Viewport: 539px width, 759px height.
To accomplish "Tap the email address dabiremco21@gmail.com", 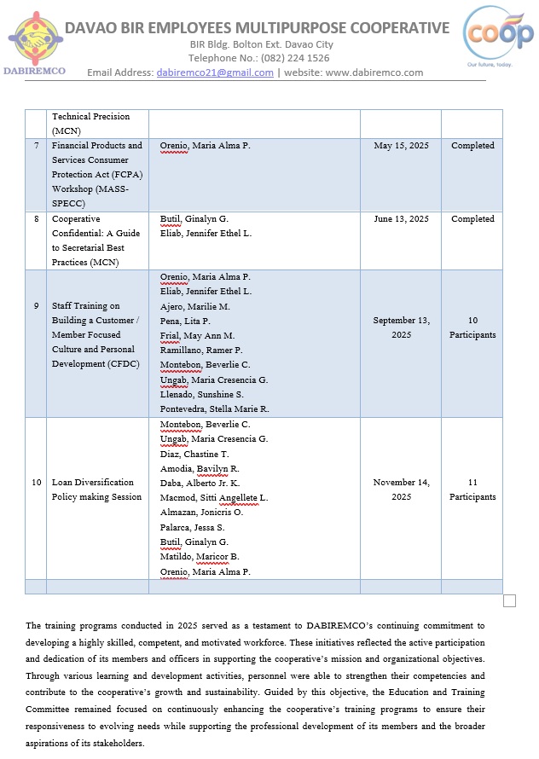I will (215, 72).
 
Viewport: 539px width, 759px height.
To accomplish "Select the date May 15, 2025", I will (401, 146).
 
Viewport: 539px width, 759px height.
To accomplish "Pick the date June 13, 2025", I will (401, 219).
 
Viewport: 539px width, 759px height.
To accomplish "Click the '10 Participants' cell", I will (472, 327).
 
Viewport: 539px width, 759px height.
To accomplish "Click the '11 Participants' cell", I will (472, 490).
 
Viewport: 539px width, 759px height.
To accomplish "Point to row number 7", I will (36, 146).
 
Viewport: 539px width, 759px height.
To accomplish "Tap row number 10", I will (36, 483).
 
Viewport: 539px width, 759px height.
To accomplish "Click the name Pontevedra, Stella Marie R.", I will (214, 409).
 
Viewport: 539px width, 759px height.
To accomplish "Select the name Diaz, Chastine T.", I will (194, 454).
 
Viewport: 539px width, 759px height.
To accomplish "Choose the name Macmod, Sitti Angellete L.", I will (214, 497).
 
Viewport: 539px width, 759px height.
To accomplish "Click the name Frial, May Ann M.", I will (197, 336).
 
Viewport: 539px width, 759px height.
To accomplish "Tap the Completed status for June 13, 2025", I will (472, 219).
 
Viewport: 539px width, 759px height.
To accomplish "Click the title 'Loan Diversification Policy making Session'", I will (96, 490).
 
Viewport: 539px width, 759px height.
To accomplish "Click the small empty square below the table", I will (510, 601).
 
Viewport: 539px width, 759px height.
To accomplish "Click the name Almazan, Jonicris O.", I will (201, 512).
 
